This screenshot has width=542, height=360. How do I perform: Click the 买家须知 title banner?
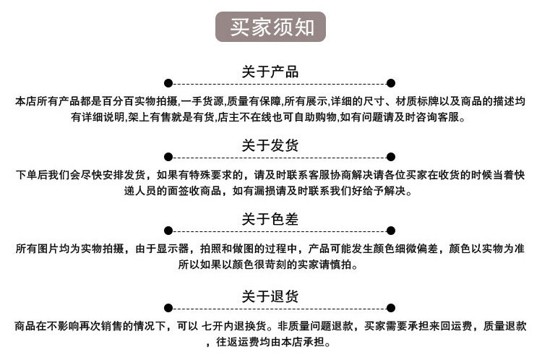coord(271,27)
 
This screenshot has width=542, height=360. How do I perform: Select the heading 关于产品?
coord(270,72)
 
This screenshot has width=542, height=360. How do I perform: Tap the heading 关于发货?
coord(270,145)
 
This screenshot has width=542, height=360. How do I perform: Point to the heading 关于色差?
coord(270,219)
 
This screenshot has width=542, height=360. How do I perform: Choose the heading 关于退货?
coord(270,296)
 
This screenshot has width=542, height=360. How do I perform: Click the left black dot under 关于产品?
coord(168,83)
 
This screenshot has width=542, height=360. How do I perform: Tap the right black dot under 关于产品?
coord(391,83)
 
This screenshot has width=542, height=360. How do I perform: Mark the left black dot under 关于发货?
coord(168,157)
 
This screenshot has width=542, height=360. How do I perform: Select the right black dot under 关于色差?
coord(391,231)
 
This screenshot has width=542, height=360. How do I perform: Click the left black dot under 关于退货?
coord(168,308)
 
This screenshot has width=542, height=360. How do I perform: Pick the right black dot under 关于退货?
coord(391,308)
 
